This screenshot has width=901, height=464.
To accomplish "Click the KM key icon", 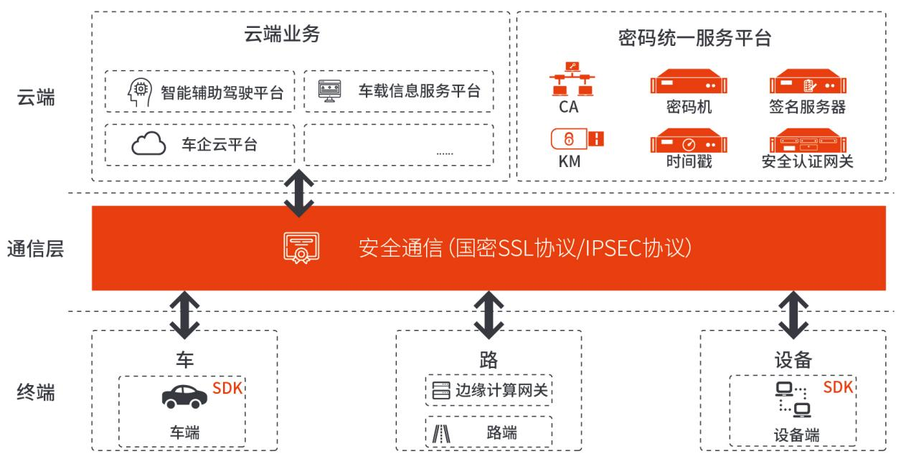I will (x=577, y=138).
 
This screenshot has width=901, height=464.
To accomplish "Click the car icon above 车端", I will (x=184, y=396).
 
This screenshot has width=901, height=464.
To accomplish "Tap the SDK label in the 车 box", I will (x=227, y=389).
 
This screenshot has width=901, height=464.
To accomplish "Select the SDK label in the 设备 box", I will (x=838, y=387).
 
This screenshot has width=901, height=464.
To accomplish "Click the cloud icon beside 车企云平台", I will (x=148, y=144).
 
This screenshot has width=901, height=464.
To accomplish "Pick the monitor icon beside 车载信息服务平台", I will (x=330, y=91).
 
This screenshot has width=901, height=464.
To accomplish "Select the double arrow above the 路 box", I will (x=489, y=314).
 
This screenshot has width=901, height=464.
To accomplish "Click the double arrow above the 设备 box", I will (x=794, y=314).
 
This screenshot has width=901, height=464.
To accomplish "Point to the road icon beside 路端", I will (x=441, y=433).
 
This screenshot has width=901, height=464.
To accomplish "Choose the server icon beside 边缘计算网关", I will (x=440, y=391).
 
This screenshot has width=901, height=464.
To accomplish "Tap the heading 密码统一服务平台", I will (x=694, y=38).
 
